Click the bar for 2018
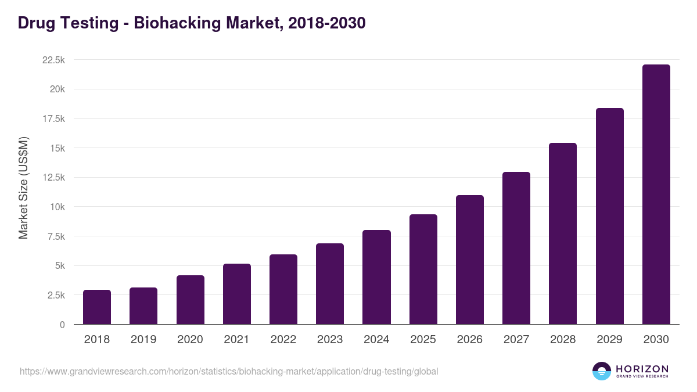[x=97, y=307]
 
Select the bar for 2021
[x=237, y=294]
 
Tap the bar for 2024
[x=376, y=278]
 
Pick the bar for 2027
[x=516, y=249]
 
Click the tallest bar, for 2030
[x=656, y=195]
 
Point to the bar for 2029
[x=609, y=217]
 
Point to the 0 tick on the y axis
[x=62, y=325]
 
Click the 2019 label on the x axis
[x=143, y=340]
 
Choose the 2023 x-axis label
[x=330, y=340]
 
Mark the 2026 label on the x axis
[x=469, y=340]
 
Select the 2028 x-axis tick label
[x=563, y=340]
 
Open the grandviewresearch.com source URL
[x=229, y=371]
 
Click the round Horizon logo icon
[x=602, y=371]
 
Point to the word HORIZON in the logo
[x=642, y=369]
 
